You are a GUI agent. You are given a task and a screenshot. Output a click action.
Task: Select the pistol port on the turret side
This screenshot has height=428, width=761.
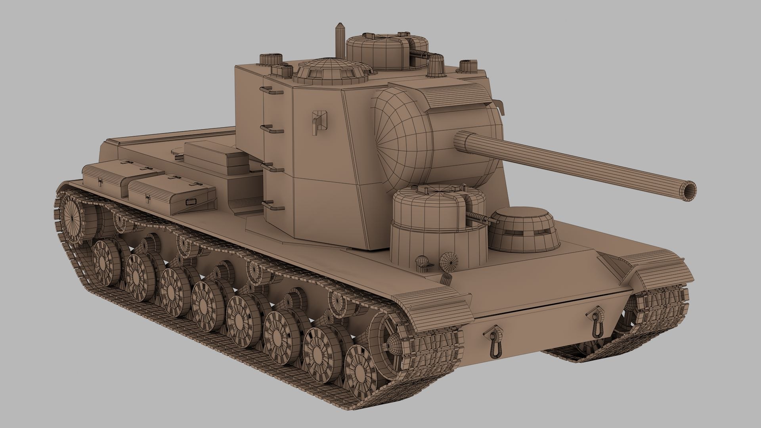[320, 120]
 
